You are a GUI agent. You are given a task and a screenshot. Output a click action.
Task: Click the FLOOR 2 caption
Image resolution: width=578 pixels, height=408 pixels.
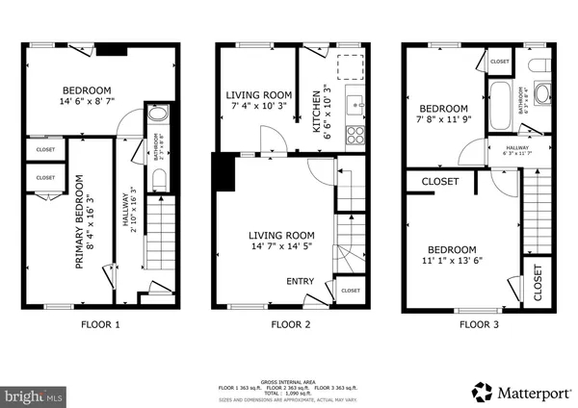[x=290, y=324]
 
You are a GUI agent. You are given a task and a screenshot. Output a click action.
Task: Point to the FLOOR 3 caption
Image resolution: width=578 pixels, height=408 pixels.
[x=479, y=324]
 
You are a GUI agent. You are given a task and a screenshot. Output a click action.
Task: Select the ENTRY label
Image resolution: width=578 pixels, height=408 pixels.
[x=299, y=281]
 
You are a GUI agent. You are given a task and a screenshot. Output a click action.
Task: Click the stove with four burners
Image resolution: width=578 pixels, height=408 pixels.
[x=353, y=132]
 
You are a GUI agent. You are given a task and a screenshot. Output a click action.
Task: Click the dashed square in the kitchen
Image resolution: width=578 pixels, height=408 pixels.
[x=350, y=67]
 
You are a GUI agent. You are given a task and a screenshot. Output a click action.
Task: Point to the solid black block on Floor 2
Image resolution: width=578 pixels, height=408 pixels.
[x=223, y=172]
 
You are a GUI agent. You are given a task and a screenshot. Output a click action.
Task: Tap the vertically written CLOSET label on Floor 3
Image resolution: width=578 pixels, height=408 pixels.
[x=537, y=280]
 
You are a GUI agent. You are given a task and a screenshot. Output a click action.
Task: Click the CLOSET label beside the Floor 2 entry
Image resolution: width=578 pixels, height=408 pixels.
[x=351, y=290]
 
